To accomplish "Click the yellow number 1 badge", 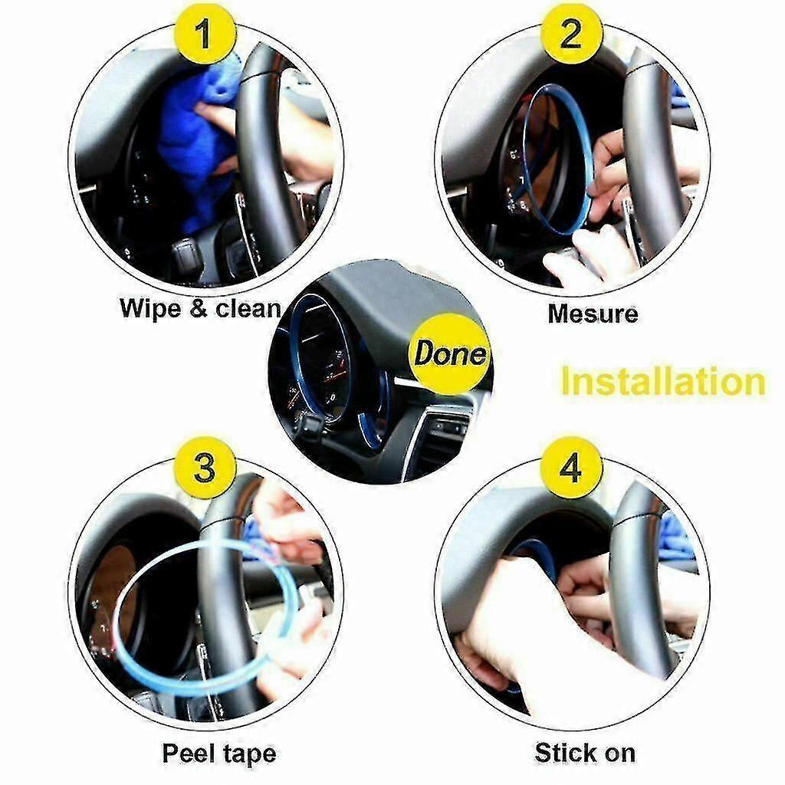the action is (204, 33).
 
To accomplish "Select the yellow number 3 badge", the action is (204, 468).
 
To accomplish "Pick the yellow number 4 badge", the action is (571, 468).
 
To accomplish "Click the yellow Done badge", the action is (449, 353).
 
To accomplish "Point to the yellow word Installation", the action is (663, 382).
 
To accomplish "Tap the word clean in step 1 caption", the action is (248, 309).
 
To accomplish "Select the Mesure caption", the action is (593, 314).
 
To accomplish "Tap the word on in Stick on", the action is (617, 754).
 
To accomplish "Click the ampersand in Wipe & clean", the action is (199, 308).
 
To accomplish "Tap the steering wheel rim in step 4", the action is (641, 576).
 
